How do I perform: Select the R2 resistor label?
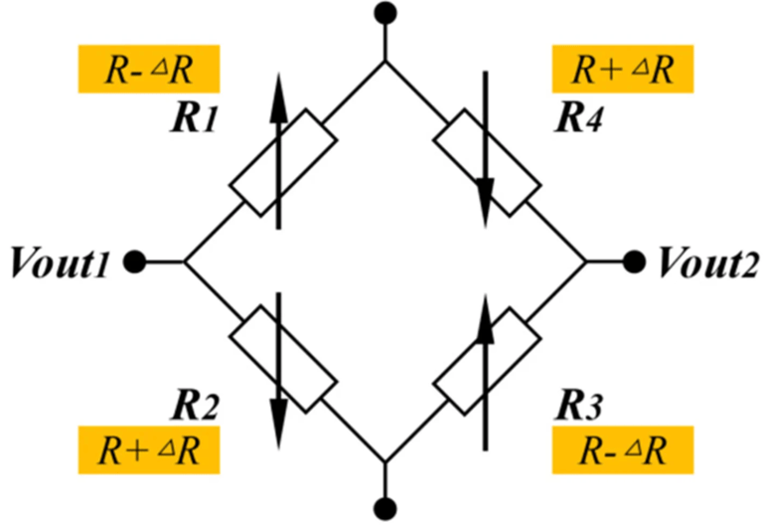(193, 408)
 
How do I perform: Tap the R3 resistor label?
(580, 408)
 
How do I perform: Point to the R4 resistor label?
(580, 118)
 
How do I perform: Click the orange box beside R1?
(148, 71)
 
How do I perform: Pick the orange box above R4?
(622, 71)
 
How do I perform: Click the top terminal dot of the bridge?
(385, 13)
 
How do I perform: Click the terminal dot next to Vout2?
(634, 262)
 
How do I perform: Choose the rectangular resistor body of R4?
(488, 161)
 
